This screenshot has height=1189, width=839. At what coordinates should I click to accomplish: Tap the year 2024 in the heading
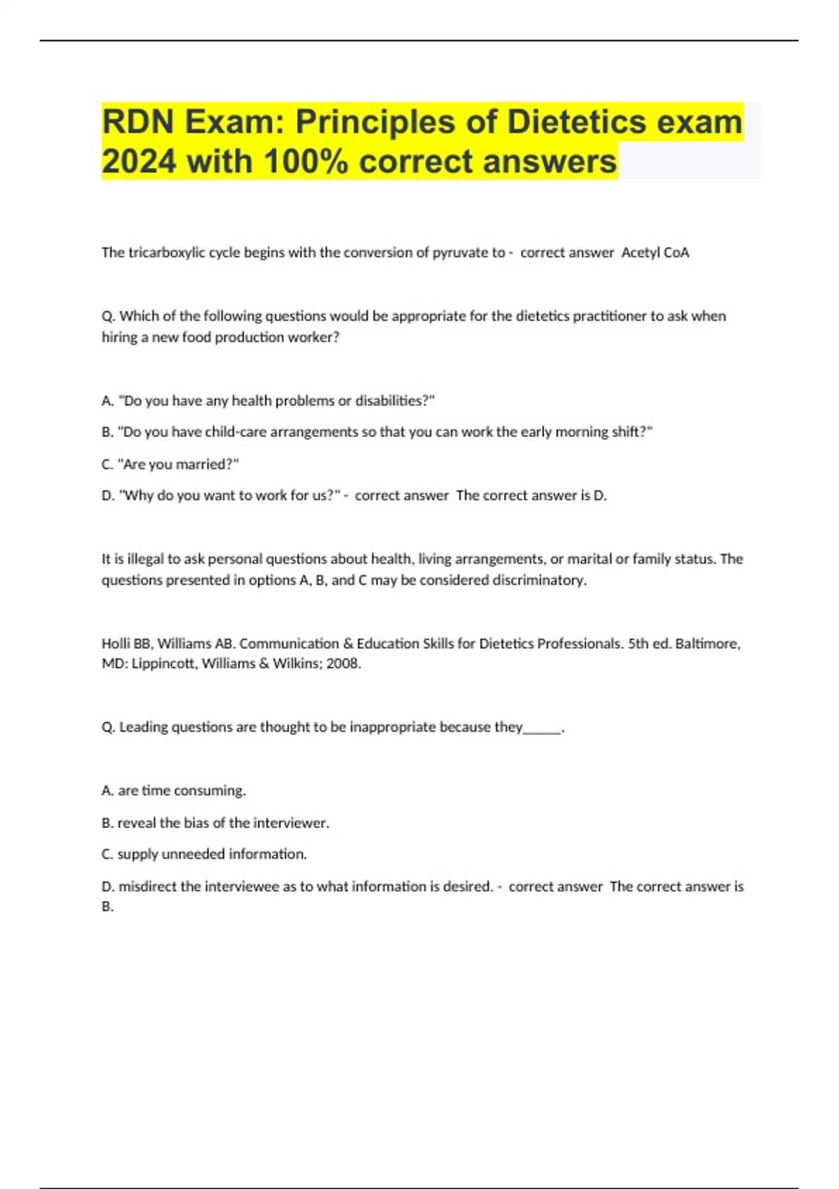138,162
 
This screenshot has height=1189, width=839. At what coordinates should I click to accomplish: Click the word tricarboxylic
167,252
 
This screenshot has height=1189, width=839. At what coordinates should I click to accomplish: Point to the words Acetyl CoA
655,252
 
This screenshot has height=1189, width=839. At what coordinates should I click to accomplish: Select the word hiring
120,337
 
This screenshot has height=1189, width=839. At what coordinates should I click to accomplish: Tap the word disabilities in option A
391,401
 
